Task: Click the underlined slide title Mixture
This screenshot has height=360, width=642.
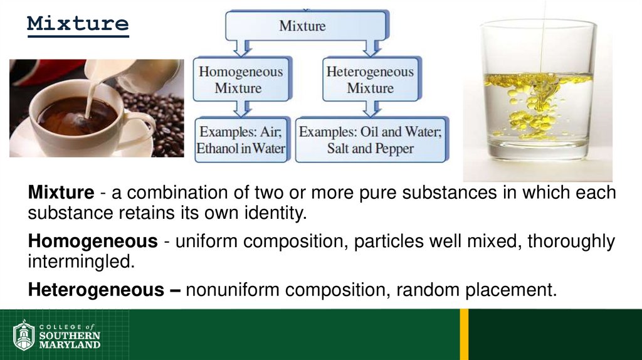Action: pyautogui.click(x=78, y=24)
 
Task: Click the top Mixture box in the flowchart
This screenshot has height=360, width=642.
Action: pyautogui.click(x=302, y=26)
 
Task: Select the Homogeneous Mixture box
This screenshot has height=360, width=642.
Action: pyautogui.click(x=241, y=80)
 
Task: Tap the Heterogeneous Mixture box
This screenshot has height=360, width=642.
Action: pyautogui.click(x=370, y=80)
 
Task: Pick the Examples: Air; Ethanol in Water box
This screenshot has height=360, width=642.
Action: pyautogui.click(x=241, y=140)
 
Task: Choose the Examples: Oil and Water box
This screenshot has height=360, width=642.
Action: pyautogui.click(x=371, y=140)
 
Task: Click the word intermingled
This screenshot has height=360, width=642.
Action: pyautogui.click(x=82, y=261)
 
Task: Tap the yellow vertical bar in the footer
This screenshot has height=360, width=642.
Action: pyautogui.click(x=464, y=334)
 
